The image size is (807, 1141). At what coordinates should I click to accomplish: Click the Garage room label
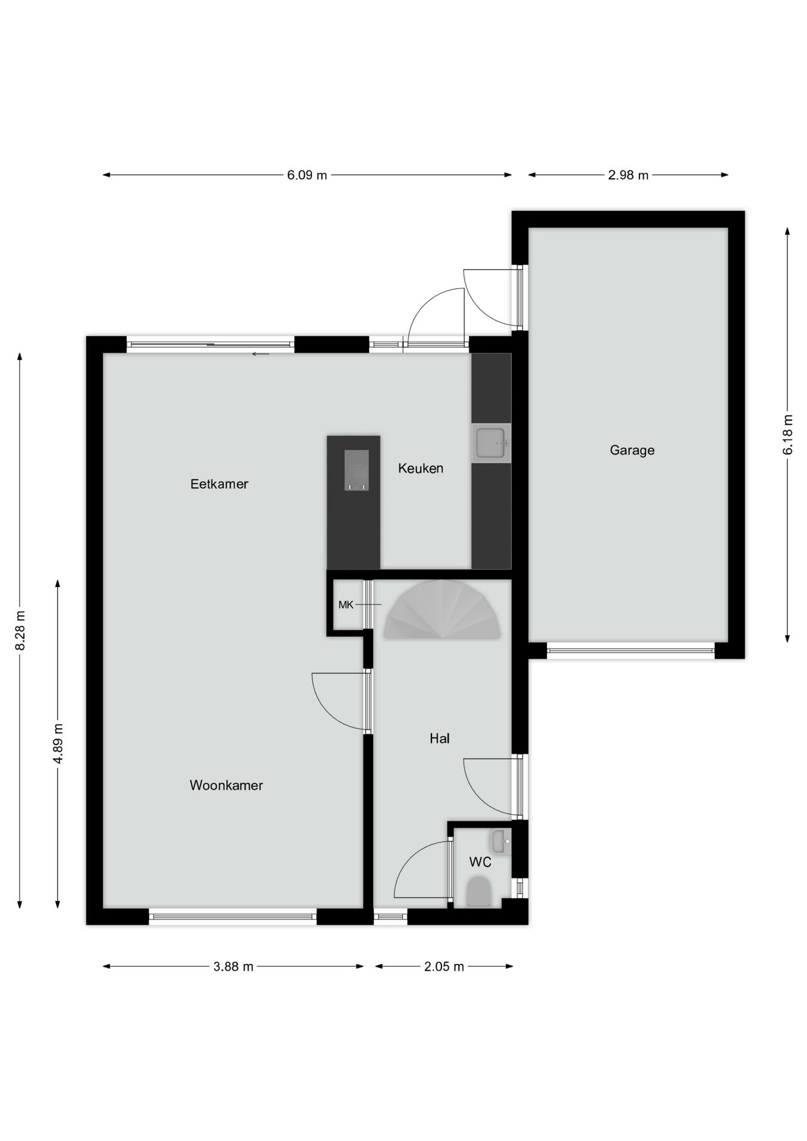click(x=632, y=450)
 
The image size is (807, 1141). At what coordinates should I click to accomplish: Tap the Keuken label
click(x=421, y=468)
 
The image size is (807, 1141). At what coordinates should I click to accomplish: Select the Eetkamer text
click(x=219, y=484)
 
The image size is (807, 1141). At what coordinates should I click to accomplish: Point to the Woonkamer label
click(x=226, y=785)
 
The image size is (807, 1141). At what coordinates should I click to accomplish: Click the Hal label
click(x=440, y=738)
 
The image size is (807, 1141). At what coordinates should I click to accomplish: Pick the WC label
click(x=480, y=862)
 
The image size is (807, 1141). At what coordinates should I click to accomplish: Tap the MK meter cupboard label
click(x=346, y=605)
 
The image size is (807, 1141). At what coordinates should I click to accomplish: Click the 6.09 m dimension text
click(x=307, y=175)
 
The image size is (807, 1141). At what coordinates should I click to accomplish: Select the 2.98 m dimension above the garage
click(x=628, y=175)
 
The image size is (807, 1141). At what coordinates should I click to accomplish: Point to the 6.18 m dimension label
click(x=788, y=434)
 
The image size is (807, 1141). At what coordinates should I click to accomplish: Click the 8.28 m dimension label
click(x=20, y=631)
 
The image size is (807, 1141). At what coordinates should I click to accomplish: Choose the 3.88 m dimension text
click(x=234, y=967)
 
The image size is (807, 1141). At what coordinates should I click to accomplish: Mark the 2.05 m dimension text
click(x=444, y=967)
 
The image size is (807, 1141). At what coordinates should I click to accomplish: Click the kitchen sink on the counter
click(x=491, y=443)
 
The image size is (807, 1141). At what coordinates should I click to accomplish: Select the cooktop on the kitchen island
click(x=357, y=470)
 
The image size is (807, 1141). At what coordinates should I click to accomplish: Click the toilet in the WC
click(x=479, y=892)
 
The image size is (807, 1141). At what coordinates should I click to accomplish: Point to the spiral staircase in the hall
click(x=442, y=610)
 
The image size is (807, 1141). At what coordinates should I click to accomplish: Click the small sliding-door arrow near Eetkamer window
click(x=260, y=354)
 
